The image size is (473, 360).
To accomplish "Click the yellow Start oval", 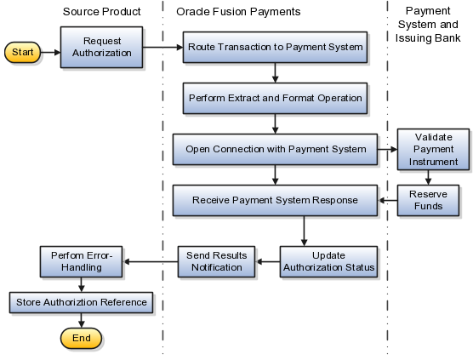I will click(24, 53).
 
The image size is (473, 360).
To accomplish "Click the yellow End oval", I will click(82, 338).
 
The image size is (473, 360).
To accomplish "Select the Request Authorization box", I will click(102, 48).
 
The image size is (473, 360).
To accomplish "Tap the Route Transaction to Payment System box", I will click(276, 48).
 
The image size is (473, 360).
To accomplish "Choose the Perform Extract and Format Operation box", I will click(276, 98).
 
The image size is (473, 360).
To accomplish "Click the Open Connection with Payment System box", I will click(276, 150).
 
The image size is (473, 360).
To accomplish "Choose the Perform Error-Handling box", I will click(82, 261).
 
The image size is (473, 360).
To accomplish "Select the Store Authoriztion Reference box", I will click(82, 302).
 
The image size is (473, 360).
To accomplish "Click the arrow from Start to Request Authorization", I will click(51, 53).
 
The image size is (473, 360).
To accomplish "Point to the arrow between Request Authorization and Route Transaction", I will click(163, 48).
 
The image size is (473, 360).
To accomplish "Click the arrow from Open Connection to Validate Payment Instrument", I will click(386, 150).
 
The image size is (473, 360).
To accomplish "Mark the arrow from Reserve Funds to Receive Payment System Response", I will click(389, 201).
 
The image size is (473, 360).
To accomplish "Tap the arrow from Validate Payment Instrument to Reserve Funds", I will click(428, 176).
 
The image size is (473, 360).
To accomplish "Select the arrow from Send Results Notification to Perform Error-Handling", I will click(151, 261).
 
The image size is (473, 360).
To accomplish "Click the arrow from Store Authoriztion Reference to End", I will click(82, 321).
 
